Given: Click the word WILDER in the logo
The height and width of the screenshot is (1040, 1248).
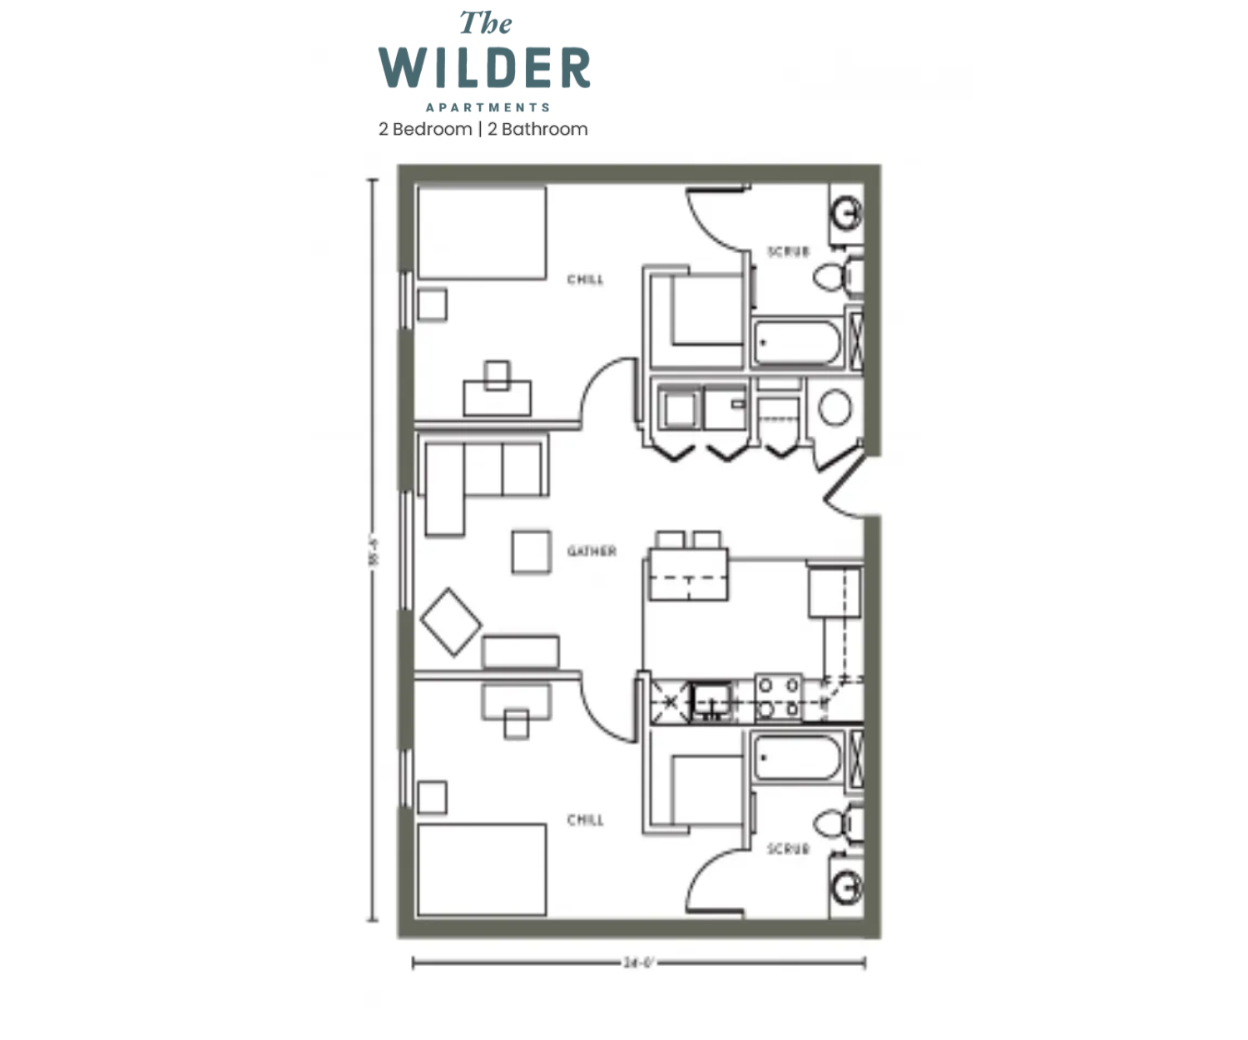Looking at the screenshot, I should click(x=484, y=68).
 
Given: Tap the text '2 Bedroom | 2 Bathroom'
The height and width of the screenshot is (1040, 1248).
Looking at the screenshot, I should click(x=483, y=129).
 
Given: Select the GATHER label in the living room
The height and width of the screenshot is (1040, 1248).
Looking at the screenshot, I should click(x=592, y=551).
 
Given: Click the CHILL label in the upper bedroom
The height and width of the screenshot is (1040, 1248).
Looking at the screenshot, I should click(x=585, y=280).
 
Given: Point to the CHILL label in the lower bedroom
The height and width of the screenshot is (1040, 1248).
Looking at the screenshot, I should click(x=585, y=820).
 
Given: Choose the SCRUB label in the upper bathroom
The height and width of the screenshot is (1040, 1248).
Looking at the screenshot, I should click(x=787, y=251).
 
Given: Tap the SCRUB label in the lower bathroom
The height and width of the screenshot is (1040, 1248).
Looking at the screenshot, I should click(x=787, y=849).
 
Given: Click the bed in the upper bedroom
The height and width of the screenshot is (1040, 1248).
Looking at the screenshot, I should click(x=482, y=233).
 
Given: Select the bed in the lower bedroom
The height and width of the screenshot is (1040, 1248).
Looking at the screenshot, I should click(x=482, y=869).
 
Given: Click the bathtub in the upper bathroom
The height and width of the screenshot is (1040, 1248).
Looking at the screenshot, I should click(x=797, y=343).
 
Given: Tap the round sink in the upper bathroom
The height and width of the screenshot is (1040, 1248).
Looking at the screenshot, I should click(x=847, y=213).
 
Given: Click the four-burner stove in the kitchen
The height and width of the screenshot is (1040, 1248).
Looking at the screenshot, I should click(x=779, y=697).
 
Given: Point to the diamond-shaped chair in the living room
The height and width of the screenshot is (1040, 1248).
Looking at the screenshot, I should click(x=450, y=622).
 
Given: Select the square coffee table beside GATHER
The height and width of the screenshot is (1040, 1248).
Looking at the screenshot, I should click(x=531, y=552).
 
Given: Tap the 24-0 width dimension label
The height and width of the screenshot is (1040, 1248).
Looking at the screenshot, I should click(x=639, y=963).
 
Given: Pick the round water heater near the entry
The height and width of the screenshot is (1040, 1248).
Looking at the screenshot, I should click(x=834, y=409).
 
